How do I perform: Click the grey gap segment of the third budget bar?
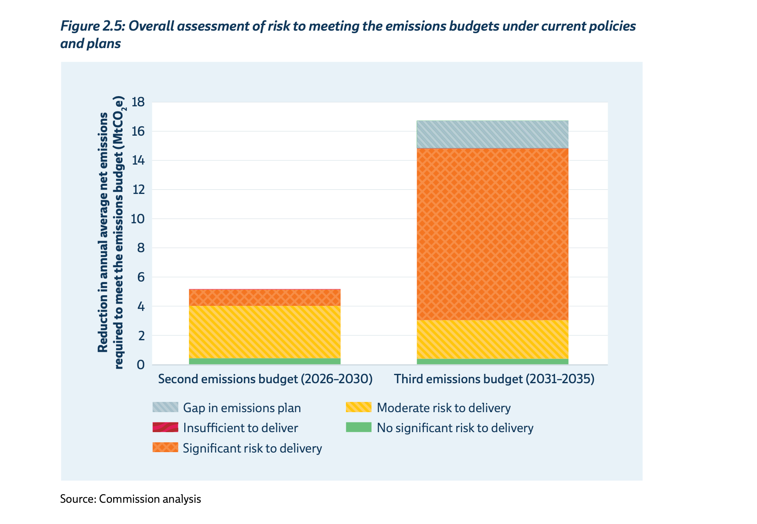(x=492, y=134)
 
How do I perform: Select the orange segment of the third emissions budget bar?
(x=492, y=234)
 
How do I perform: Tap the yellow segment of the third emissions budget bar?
(x=492, y=339)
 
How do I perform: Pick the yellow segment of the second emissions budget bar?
(x=265, y=332)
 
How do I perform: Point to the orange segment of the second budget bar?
(x=265, y=298)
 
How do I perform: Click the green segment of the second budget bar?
(x=265, y=361)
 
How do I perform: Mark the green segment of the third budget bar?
(x=492, y=362)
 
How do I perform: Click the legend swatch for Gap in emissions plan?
(x=165, y=407)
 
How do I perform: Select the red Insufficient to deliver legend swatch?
(x=165, y=427)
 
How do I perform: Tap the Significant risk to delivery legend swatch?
(x=165, y=448)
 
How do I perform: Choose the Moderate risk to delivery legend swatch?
(x=359, y=407)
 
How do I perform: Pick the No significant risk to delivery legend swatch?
(x=359, y=427)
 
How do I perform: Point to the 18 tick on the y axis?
(x=138, y=102)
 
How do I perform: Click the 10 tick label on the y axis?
(x=138, y=219)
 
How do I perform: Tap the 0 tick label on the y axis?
(x=141, y=365)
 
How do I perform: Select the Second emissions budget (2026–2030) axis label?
(x=265, y=379)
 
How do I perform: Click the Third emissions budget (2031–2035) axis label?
(x=494, y=379)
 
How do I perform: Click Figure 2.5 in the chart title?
(x=92, y=26)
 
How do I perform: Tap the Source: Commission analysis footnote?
(x=130, y=499)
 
